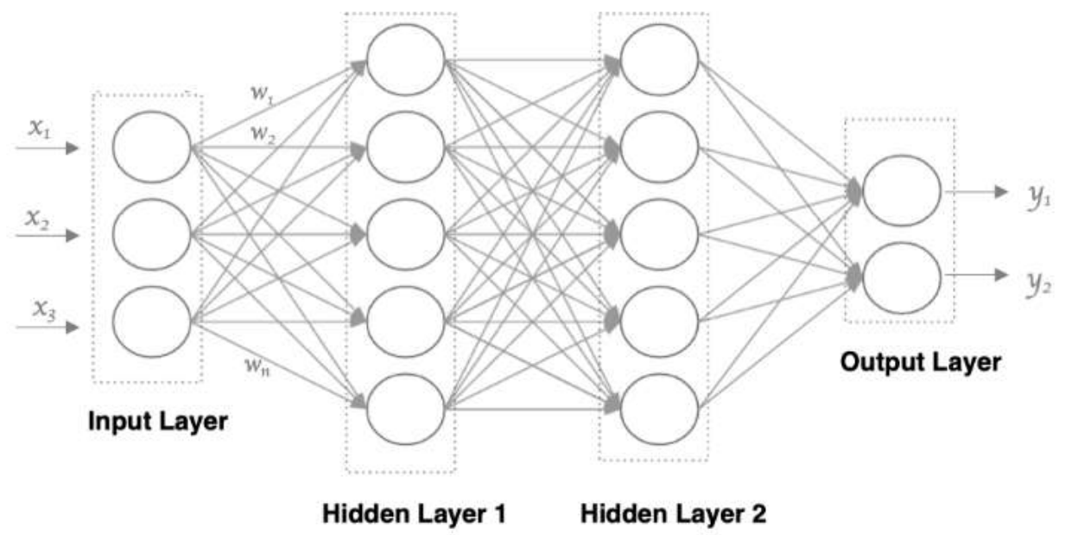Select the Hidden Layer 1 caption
click(x=414, y=514)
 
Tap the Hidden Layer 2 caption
click(x=673, y=514)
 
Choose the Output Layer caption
click(x=921, y=362)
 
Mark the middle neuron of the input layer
click(x=151, y=234)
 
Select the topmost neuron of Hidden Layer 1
click(x=405, y=59)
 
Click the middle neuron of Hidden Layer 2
click(x=659, y=234)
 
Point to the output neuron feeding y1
click(x=901, y=191)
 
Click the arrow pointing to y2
click(x=976, y=275)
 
